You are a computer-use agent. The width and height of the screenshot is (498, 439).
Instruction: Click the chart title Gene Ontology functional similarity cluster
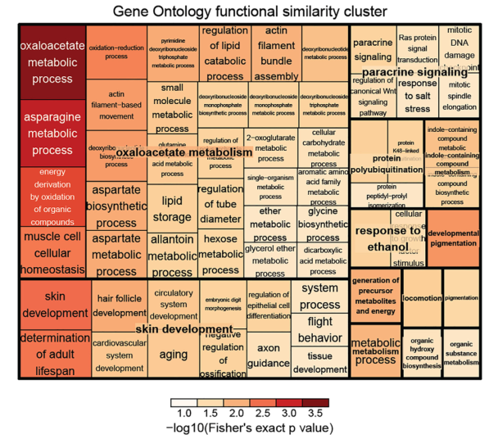point(249,11)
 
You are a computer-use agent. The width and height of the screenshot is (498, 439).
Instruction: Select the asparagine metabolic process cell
point(52,134)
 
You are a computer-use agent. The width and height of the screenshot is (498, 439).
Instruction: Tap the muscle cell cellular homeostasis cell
point(52,253)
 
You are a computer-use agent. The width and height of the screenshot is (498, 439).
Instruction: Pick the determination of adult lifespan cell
point(52,353)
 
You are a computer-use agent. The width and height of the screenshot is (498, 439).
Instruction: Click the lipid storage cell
point(171,208)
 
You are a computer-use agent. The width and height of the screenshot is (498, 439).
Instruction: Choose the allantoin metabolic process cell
point(171,254)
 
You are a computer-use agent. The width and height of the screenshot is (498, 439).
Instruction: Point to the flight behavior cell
point(319,329)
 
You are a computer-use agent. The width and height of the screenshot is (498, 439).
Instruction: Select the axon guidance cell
point(268,353)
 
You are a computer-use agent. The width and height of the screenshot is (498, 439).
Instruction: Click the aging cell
point(173,355)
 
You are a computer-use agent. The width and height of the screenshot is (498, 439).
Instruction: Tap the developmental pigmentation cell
point(453,238)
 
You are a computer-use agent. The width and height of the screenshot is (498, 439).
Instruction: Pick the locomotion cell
point(422,299)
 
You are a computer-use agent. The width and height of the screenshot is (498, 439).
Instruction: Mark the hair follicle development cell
point(120,305)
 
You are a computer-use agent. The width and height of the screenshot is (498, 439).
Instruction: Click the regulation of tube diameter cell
point(220,205)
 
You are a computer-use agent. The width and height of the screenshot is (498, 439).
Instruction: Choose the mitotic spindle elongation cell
point(460,95)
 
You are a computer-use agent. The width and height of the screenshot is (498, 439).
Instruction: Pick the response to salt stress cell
point(417,96)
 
